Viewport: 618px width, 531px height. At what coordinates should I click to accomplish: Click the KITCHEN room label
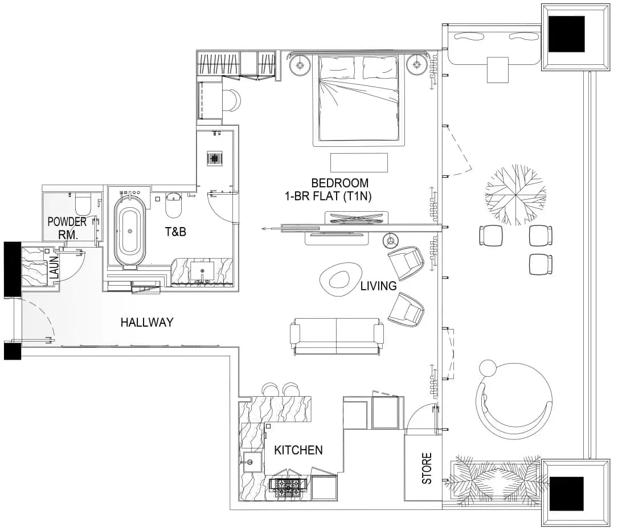(x=298, y=450)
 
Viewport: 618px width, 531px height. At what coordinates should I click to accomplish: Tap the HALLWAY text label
(x=147, y=322)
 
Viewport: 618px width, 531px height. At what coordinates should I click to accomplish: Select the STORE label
(x=427, y=468)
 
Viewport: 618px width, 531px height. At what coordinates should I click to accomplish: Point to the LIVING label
(x=378, y=286)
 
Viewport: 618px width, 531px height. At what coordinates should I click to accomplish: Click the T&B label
(x=175, y=232)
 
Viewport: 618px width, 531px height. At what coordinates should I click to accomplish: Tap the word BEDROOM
(x=339, y=183)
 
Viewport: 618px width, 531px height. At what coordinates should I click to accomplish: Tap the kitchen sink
(x=252, y=462)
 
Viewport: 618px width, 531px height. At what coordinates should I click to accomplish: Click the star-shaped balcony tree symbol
(x=515, y=195)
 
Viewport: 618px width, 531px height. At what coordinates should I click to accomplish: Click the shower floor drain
(x=215, y=158)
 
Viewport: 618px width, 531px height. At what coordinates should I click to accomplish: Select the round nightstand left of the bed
(x=300, y=64)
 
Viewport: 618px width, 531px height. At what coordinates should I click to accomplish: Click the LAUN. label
(x=54, y=266)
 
